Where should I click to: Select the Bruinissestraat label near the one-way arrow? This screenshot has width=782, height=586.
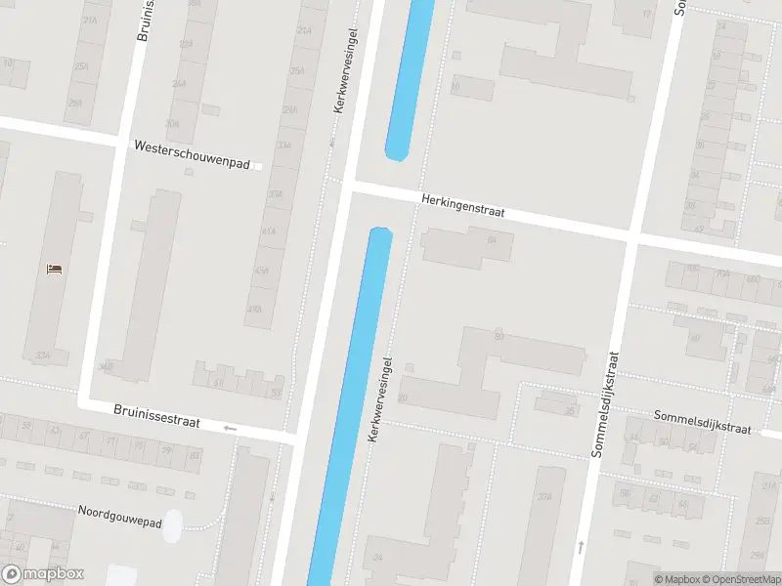coord(156,417)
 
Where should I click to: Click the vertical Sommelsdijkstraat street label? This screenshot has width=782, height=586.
coord(607,404)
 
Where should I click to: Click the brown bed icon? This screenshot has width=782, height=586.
coord(56,268)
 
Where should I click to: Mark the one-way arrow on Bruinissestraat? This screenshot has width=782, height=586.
coord(230,428)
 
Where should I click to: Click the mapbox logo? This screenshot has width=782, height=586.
coord(42,574)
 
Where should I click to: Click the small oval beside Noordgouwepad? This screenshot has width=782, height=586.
coord(172,525)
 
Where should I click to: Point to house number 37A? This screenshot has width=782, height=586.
coord(545,497)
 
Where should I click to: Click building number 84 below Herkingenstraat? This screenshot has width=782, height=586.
coord(492,240)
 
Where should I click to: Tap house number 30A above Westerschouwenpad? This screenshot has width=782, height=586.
coord(173,124)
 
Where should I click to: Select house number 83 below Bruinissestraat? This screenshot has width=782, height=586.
coord(195,455)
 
